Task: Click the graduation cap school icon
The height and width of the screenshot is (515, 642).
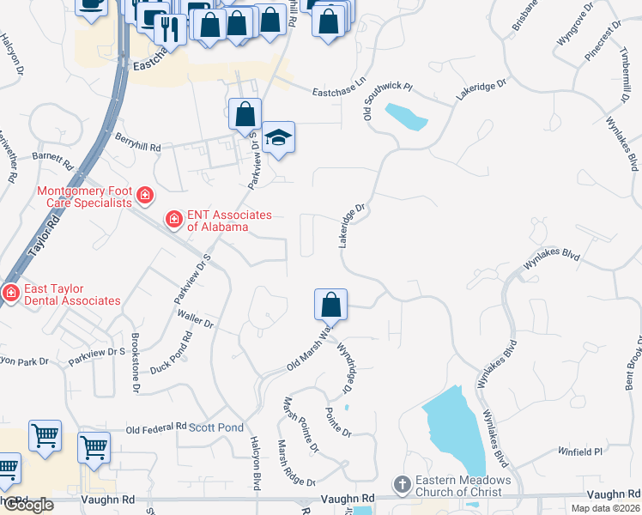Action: click(x=278, y=137)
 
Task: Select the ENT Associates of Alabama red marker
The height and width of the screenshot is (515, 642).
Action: click(x=174, y=221)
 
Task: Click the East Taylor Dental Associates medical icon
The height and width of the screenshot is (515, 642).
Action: click(x=10, y=294)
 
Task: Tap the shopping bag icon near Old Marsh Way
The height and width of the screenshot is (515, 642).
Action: click(x=330, y=304)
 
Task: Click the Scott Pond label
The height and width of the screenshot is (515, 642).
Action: click(x=216, y=427)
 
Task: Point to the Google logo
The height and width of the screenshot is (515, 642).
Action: click(x=27, y=505)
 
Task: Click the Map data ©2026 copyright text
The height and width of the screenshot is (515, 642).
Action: click(x=605, y=508)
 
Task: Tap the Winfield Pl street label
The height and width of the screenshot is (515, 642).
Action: click(x=581, y=451)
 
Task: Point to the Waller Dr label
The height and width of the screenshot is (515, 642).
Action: click(x=195, y=320)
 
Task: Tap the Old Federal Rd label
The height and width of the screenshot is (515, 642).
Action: click(x=155, y=427)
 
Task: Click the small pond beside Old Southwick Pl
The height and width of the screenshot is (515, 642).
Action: click(x=406, y=116)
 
